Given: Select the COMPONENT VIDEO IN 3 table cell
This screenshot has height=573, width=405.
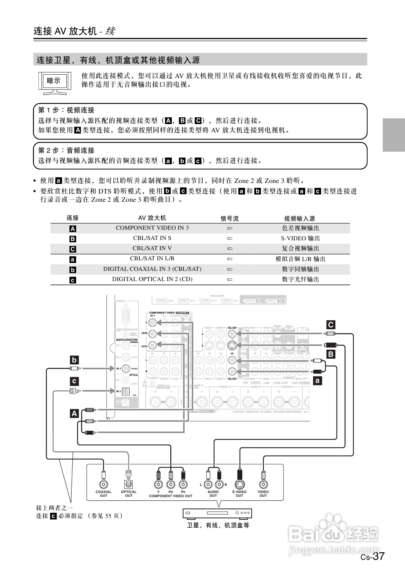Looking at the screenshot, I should tap(152, 228).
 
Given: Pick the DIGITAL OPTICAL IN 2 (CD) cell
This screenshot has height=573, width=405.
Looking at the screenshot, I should tap(152, 279).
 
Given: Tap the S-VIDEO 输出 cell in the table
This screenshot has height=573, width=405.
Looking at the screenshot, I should tap(300, 238).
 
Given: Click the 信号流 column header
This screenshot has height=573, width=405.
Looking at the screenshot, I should tap(229, 218).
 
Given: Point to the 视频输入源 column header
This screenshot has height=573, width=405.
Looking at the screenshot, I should tap(300, 218).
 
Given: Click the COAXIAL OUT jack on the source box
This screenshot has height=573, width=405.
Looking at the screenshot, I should tap(103, 485).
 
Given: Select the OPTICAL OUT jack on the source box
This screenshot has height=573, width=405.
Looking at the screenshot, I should tap(128, 485).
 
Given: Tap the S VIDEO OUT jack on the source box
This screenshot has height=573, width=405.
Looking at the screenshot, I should tap(239, 484).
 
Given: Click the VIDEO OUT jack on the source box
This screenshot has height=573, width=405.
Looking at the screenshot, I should tap(263, 484).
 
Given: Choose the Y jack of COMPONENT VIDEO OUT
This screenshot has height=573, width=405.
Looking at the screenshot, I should tap(159, 485).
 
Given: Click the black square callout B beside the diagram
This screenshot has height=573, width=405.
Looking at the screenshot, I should tap(330, 354).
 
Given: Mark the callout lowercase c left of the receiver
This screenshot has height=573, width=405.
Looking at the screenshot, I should tap(74, 381).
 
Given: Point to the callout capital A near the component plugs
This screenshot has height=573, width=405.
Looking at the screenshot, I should tap(74, 413).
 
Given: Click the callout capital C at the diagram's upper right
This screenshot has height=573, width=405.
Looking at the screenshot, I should tap(330, 325).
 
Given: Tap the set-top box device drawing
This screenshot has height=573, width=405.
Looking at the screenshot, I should tap(217, 513).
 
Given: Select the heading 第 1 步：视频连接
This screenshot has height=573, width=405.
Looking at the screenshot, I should tap(66, 110).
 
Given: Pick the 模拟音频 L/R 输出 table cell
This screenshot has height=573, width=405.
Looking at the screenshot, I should tap(300, 259).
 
